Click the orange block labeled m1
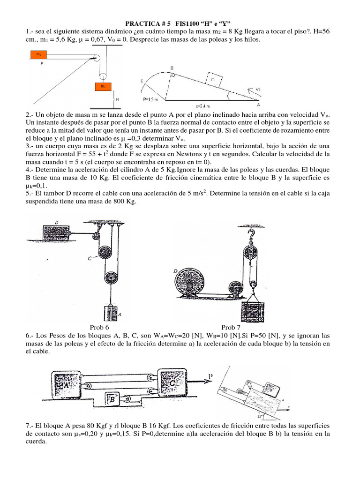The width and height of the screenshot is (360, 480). pyautogui.click(x=38, y=54)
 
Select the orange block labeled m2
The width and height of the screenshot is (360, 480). pyautogui.click(x=102, y=86)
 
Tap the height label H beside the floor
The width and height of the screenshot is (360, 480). pyautogui.click(x=117, y=100)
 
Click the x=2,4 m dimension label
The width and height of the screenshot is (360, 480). pyautogui.click(x=203, y=105)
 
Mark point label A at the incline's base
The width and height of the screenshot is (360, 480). pyautogui.click(x=258, y=105)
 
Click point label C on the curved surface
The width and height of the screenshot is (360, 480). pyautogui.click(x=141, y=81)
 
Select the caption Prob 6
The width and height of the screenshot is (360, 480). pyautogui.click(x=99, y=328)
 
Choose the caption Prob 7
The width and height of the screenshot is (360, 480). pyautogui.click(x=231, y=328)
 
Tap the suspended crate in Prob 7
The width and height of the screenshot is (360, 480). pyautogui.click(x=253, y=310)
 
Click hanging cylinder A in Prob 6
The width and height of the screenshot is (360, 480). pyautogui.click(x=111, y=313)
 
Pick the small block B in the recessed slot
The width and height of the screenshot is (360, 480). pyautogui.click(x=113, y=399)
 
